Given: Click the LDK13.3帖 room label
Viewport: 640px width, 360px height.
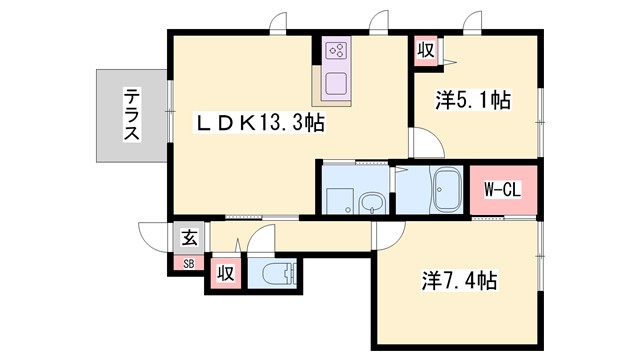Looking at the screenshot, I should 258,123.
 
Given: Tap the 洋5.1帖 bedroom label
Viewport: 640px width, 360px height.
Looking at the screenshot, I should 473,100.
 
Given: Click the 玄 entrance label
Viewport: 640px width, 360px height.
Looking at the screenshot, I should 188,238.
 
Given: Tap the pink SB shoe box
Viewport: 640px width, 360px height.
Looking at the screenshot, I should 187,264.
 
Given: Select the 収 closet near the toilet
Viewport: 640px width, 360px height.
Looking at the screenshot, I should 226,273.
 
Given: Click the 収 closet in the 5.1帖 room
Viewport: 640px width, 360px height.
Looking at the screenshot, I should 425,50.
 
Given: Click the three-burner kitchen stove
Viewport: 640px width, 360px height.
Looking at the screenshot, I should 336,50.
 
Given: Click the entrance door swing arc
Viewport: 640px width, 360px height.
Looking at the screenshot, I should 153,238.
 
